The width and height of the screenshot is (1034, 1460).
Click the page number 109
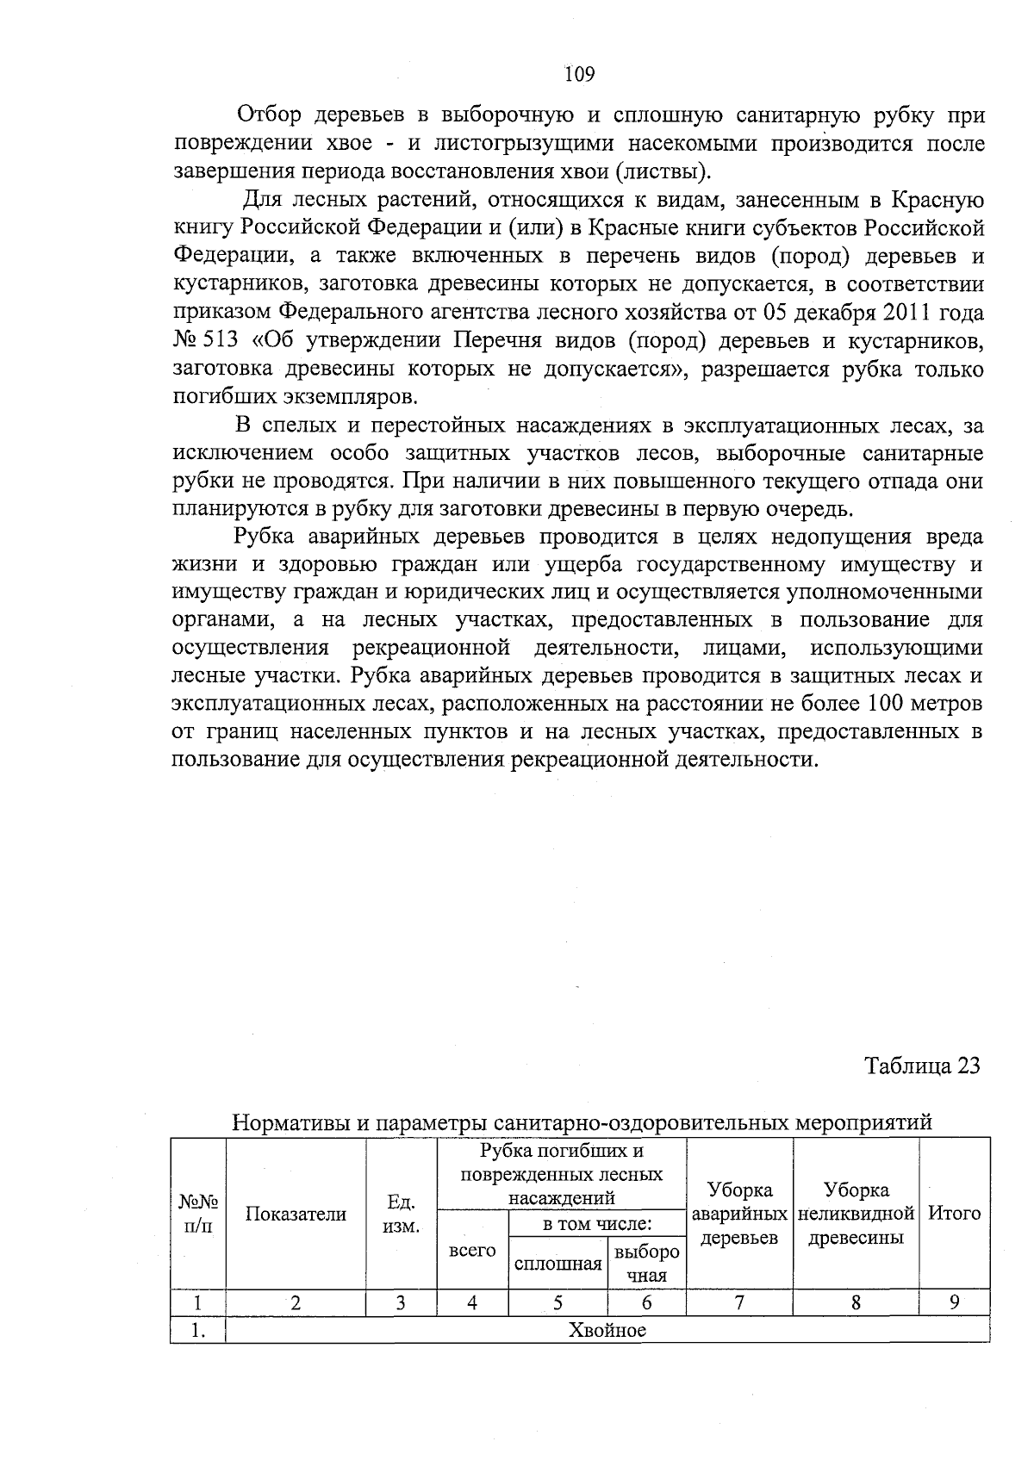[580, 75]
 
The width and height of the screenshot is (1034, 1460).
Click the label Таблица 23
[922, 1065]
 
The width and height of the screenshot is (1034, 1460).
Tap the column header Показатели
[296, 1214]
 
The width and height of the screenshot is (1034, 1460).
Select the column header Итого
[954, 1214]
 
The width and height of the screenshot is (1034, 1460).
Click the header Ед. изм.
[401, 1214]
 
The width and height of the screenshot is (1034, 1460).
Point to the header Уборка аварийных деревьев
[739, 1214]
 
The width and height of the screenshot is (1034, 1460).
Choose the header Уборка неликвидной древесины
[856, 1214]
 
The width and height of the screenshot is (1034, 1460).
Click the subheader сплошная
[557, 1264]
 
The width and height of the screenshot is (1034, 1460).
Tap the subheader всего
[472, 1250]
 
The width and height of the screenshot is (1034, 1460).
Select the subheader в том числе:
[596, 1223]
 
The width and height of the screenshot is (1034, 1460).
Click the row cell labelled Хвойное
[607, 1330]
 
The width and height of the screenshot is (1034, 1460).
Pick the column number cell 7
[739, 1302]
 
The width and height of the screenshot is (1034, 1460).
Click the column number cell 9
[954, 1302]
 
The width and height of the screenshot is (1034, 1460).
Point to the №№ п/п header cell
[197, 1214]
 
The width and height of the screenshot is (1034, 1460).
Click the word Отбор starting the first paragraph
[269, 115]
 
